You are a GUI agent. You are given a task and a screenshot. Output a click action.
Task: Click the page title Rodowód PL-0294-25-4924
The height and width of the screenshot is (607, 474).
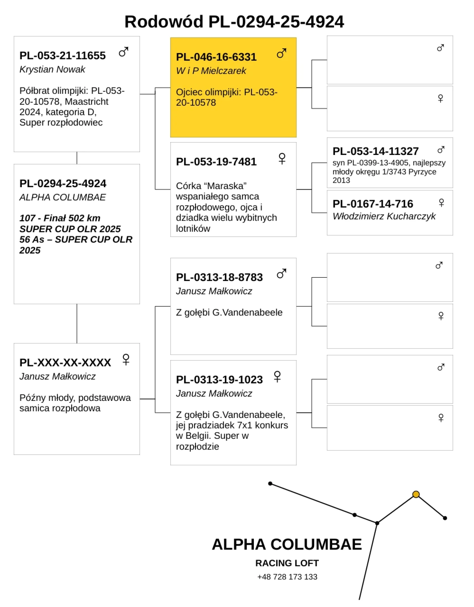(x=234, y=22)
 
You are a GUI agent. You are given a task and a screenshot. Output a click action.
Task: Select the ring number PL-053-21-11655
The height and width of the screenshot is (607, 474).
(x=63, y=56)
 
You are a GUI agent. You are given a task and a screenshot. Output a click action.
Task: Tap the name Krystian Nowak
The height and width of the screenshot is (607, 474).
(x=52, y=69)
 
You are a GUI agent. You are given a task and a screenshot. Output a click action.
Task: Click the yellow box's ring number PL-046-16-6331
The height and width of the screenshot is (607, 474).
(x=216, y=57)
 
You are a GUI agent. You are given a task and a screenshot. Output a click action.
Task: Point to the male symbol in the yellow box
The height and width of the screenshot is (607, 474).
(x=282, y=53)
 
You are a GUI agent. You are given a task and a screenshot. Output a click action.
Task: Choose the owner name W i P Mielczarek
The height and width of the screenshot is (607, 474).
(x=211, y=71)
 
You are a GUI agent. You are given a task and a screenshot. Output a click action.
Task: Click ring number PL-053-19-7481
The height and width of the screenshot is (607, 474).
(x=216, y=162)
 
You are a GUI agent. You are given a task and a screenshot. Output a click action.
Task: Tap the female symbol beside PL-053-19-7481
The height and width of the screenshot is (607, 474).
(x=282, y=158)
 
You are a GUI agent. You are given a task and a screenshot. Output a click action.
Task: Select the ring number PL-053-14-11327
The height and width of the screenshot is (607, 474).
(x=375, y=151)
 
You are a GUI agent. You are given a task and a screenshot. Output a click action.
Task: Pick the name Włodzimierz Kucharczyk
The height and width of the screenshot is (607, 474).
(x=384, y=216)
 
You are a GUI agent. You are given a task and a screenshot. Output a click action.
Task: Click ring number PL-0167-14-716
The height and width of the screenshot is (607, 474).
(x=373, y=204)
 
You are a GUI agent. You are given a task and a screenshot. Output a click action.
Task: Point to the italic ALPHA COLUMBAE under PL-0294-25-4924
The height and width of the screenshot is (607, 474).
(x=63, y=197)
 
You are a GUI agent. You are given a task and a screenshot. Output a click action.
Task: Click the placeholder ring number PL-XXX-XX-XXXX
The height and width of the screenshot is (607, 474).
(x=65, y=363)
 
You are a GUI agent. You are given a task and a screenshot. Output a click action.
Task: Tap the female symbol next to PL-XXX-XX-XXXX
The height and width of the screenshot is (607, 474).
(x=126, y=359)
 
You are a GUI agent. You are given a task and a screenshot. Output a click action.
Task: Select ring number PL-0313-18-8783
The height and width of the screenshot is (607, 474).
(x=219, y=277)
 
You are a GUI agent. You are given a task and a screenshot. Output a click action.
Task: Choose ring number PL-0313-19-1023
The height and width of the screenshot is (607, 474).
(x=219, y=379)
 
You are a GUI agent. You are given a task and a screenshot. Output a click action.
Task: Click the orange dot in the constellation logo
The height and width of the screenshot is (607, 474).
(x=416, y=494)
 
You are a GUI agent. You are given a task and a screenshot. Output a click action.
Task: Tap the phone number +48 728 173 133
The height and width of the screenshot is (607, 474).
(x=287, y=577)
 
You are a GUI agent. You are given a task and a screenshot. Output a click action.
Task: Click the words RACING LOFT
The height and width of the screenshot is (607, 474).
(x=287, y=563)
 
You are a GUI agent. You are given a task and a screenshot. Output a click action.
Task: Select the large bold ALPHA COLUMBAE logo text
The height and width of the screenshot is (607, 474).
(x=287, y=545)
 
